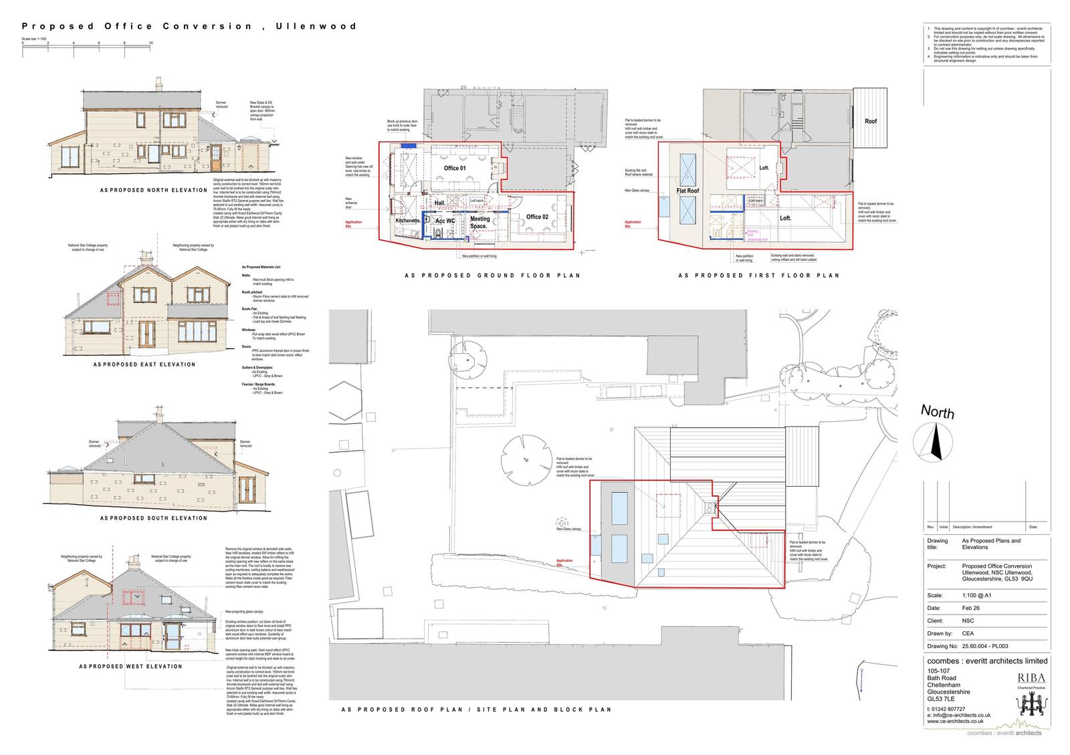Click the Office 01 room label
455,168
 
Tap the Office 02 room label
537,217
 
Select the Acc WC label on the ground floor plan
445,221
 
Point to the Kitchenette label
407,220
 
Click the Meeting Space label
479,222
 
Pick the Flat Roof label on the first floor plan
687,191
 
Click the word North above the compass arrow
938,412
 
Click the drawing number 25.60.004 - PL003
984,646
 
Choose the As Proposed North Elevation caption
154,190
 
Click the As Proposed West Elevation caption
130,666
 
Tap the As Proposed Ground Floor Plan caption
492,275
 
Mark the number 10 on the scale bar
151,43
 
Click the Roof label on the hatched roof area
870,121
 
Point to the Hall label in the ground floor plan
440,203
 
